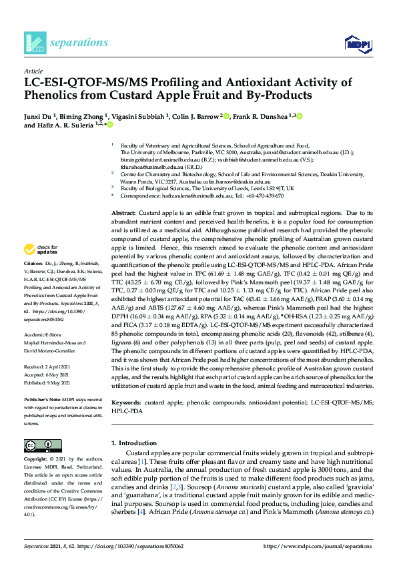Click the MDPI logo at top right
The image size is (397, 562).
point(357,44)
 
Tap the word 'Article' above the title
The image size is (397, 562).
point(33,71)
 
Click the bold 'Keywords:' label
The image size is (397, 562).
point(126,404)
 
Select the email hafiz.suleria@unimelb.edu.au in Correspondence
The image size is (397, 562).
point(187,196)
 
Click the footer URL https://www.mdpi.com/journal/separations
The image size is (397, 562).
point(318,546)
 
